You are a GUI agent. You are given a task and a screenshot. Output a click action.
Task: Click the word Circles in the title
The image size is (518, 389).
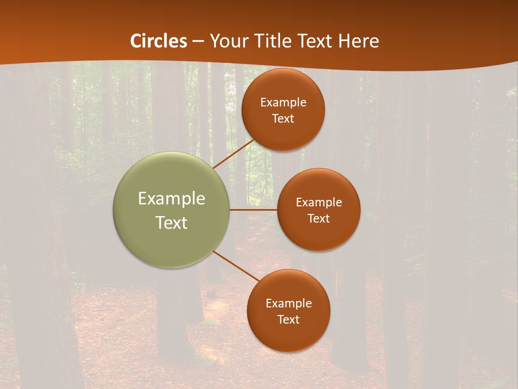158,41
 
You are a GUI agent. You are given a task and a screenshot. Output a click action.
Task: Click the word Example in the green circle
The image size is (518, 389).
172,199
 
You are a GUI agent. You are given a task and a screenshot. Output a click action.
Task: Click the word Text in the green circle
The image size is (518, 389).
172,223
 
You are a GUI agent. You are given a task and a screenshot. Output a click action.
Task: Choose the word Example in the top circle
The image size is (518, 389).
283,103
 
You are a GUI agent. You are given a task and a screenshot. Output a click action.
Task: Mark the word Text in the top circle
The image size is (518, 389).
283,119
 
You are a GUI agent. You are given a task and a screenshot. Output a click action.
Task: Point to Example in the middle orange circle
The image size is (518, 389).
319,203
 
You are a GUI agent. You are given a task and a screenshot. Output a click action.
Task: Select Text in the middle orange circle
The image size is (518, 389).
319,219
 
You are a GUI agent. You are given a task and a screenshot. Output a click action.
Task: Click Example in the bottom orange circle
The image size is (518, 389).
289,304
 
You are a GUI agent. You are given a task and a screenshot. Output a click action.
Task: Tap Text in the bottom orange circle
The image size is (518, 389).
289,320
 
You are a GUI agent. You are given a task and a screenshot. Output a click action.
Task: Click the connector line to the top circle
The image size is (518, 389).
234,153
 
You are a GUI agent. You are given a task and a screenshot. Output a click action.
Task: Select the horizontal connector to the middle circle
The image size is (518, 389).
254,210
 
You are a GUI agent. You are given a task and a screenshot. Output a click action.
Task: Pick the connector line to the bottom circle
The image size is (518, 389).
236,265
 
